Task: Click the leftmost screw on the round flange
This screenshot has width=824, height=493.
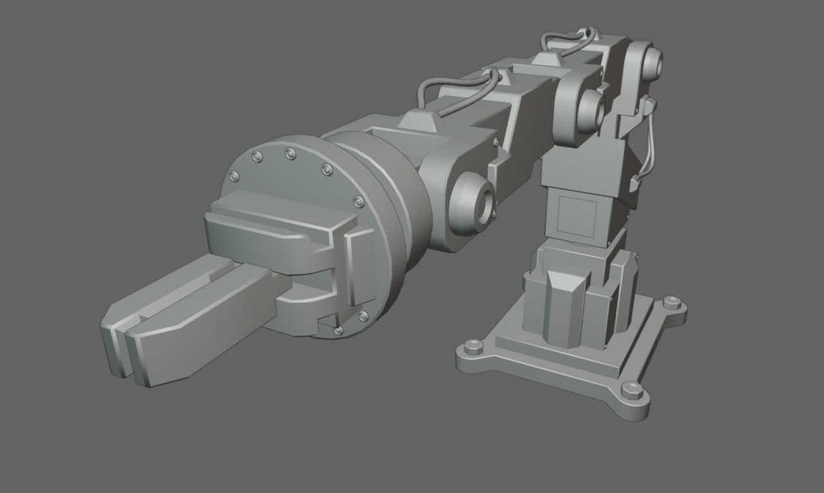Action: click(x=234, y=176)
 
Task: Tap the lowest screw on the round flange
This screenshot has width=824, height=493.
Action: click(x=339, y=331)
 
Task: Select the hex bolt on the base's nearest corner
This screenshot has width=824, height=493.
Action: click(x=632, y=389)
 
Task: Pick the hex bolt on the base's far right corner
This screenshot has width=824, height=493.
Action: click(x=671, y=301)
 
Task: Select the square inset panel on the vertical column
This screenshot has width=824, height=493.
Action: click(x=577, y=215)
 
